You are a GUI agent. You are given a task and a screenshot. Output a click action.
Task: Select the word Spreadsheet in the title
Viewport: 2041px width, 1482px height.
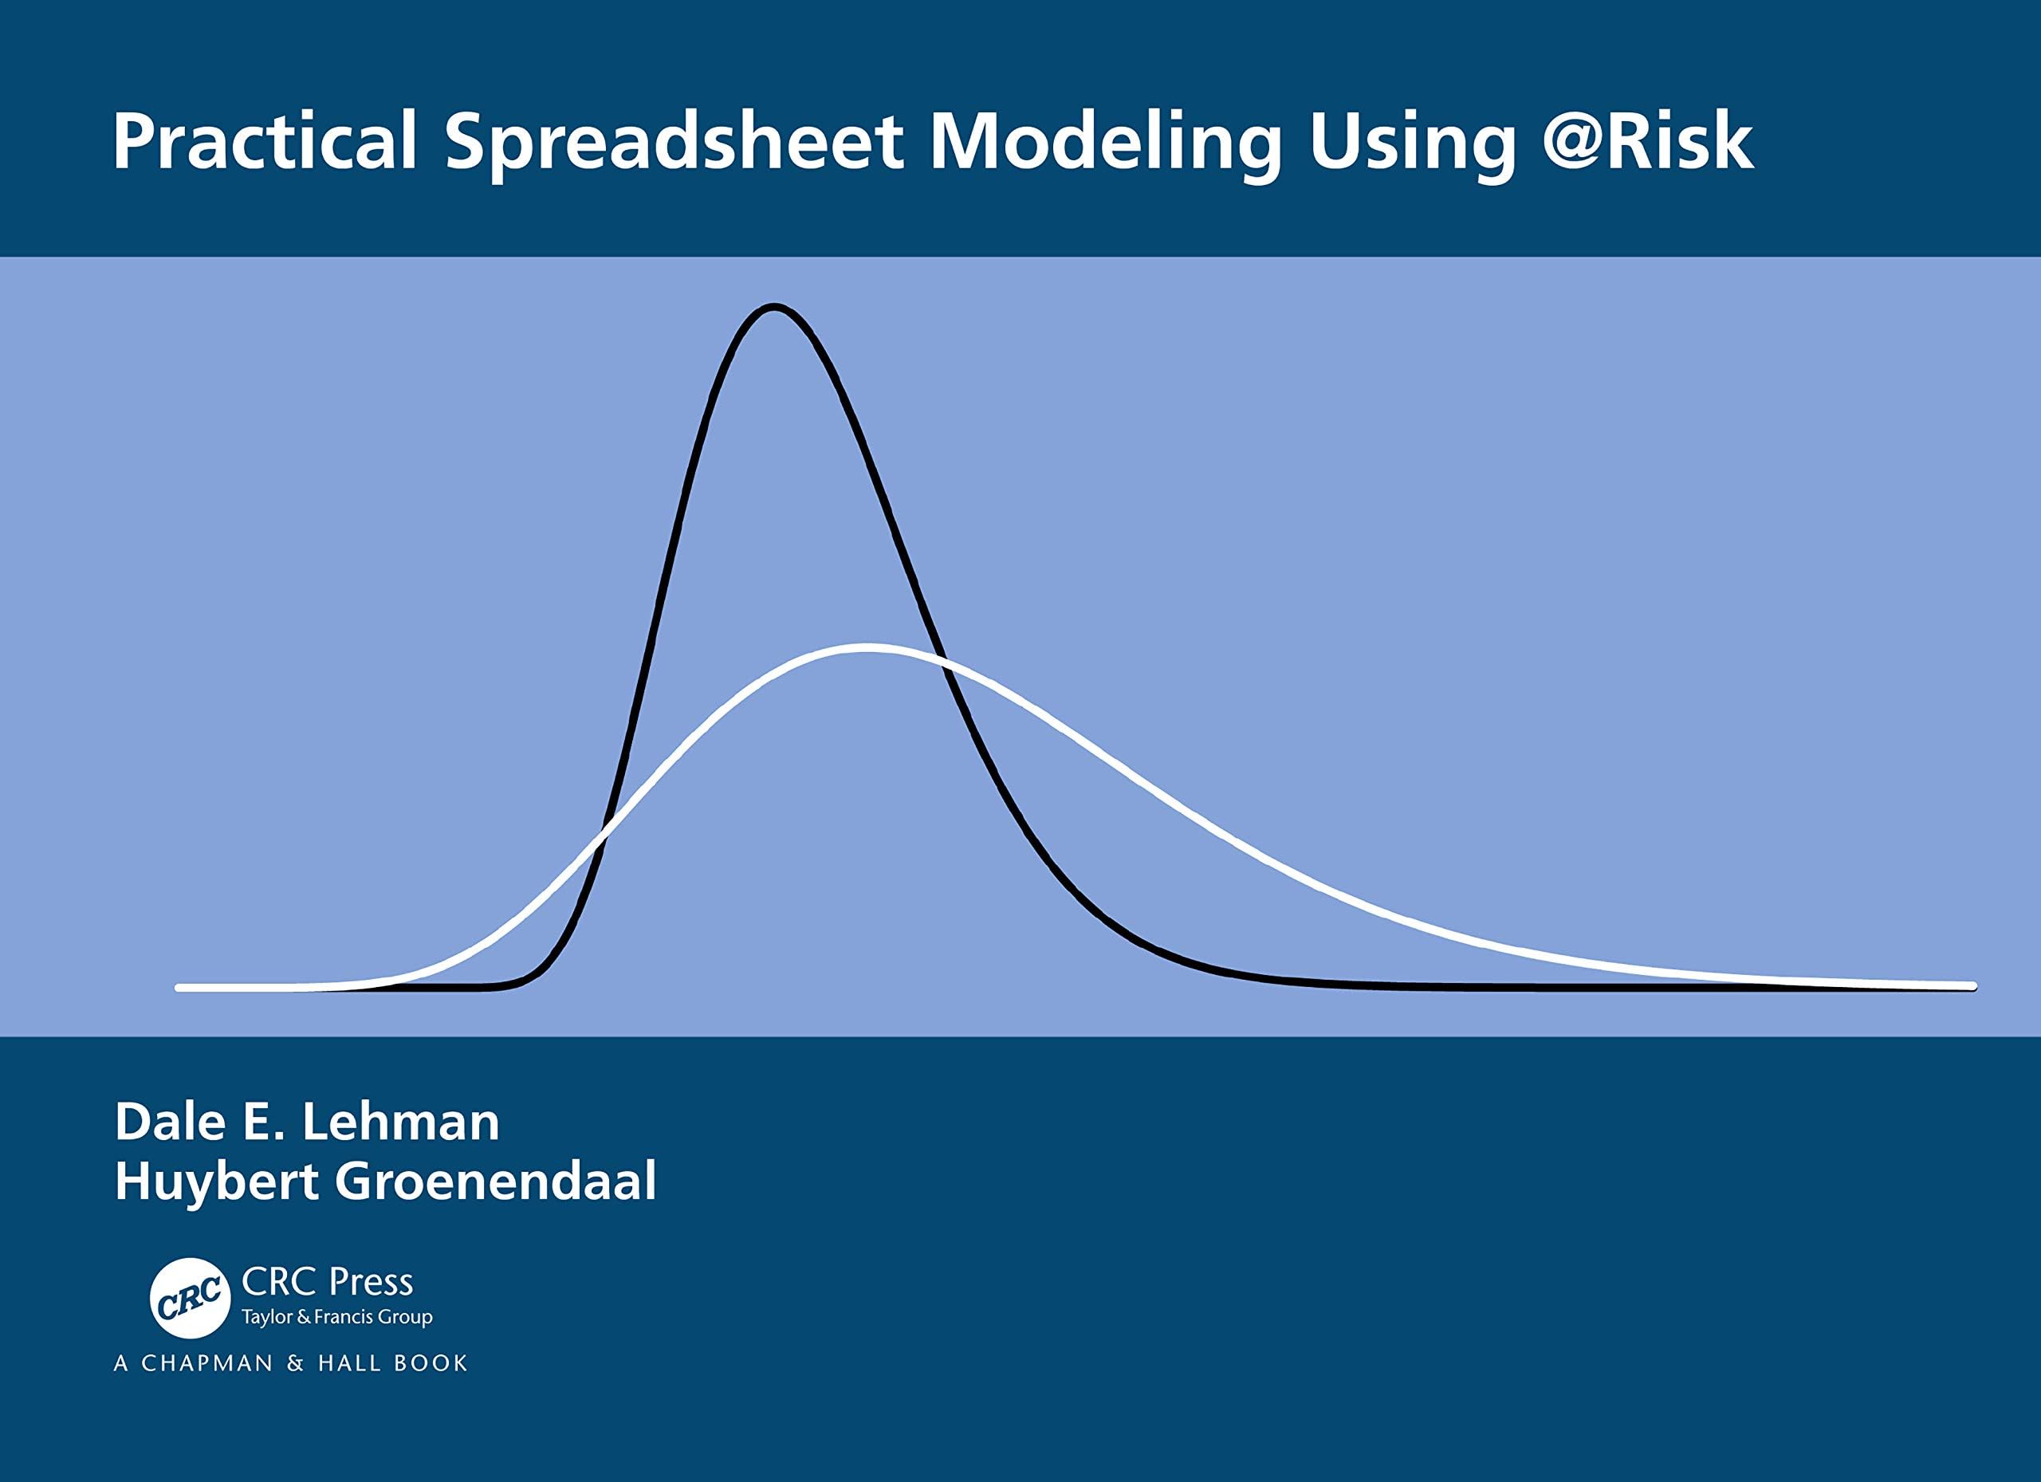pos(674,141)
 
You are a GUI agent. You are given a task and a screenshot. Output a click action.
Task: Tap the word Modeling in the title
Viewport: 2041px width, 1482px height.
pos(1105,141)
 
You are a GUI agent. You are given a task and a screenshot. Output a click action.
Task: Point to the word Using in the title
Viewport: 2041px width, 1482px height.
pos(1412,141)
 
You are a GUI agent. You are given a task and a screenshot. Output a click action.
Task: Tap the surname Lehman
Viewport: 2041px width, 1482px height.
pos(400,1122)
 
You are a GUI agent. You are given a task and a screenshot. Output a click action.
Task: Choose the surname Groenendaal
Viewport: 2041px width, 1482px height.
pos(496,1181)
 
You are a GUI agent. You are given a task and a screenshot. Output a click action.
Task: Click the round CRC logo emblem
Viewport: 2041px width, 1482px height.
pos(190,1299)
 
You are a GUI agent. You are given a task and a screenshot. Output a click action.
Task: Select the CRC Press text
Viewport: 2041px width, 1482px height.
pos(328,1281)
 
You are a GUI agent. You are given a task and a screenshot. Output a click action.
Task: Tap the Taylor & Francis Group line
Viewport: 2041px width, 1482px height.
pos(336,1317)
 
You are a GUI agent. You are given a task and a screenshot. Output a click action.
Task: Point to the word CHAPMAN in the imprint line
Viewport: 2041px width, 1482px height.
pos(207,1363)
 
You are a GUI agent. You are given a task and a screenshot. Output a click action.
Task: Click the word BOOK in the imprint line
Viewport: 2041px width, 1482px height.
pos(431,1363)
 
